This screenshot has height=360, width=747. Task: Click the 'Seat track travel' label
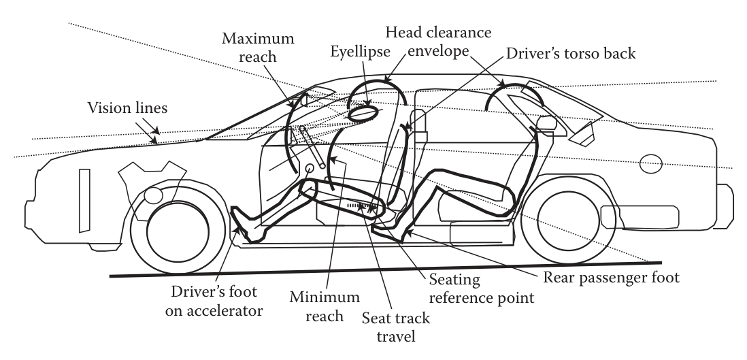tap(392, 326)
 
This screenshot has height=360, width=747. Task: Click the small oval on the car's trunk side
tap(651, 164)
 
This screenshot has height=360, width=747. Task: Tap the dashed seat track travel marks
tap(361, 203)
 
